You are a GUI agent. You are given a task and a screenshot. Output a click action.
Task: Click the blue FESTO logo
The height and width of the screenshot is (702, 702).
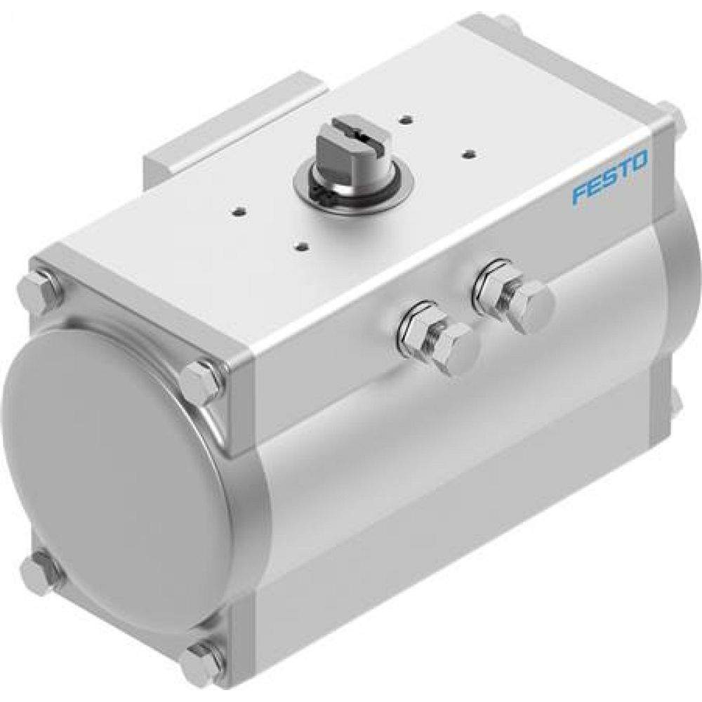pyautogui.click(x=609, y=179)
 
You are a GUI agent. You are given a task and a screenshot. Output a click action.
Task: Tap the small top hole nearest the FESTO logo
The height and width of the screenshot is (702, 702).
pyautogui.click(x=466, y=150)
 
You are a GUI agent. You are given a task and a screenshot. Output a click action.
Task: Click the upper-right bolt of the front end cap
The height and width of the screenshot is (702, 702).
pyautogui.click(x=202, y=383)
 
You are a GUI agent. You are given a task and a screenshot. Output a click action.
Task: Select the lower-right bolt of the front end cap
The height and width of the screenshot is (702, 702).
pyautogui.click(x=201, y=662)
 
